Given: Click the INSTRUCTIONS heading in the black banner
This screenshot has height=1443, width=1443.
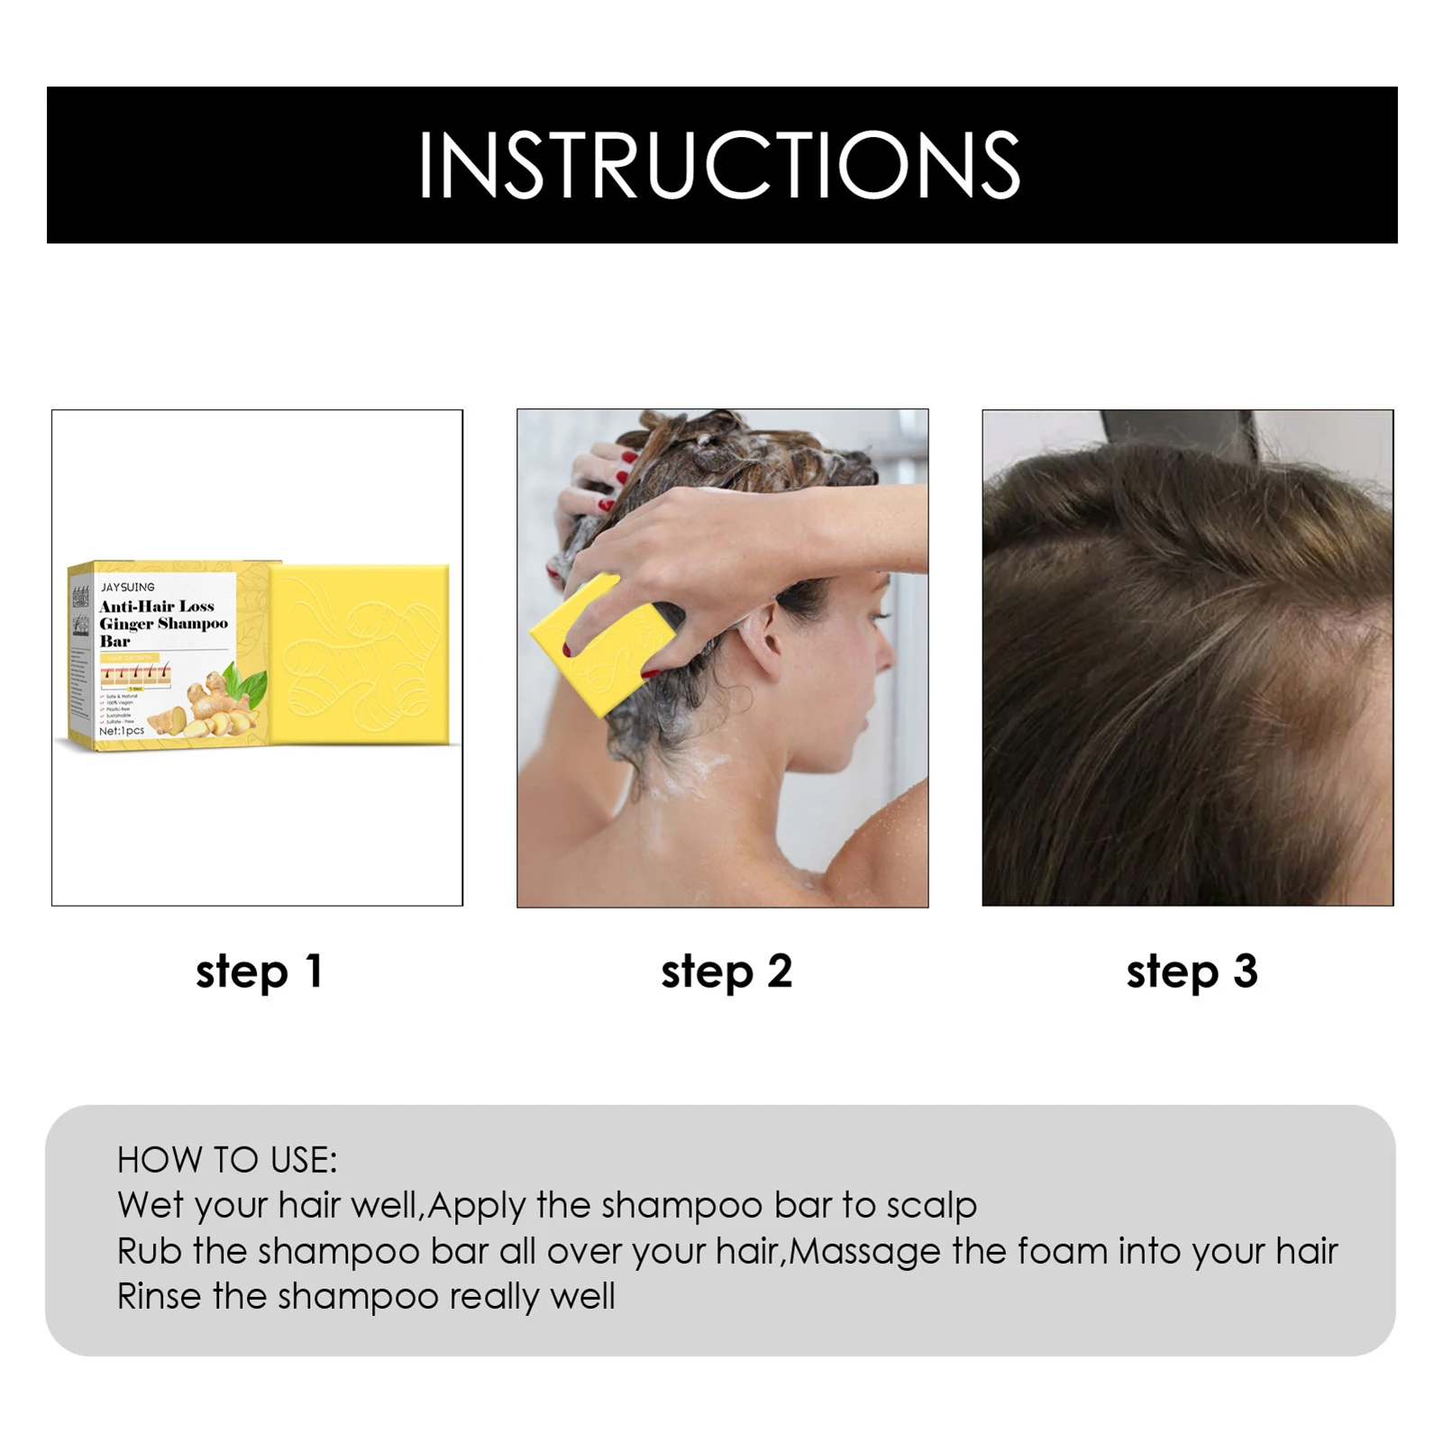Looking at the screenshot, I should pyautogui.click(x=719, y=165).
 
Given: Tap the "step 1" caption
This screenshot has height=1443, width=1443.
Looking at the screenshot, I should pyautogui.click(x=260, y=972).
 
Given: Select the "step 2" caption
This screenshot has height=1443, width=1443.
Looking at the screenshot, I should pyautogui.click(x=726, y=972).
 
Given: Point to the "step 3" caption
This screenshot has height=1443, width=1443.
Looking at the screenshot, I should pyautogui.click(x=1192, y=972).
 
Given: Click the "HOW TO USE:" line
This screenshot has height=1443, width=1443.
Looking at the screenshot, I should pyautogui.click(x=227, y=1160).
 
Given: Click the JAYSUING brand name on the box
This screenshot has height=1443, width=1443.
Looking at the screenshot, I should pyautogui.click(x=128, y=587).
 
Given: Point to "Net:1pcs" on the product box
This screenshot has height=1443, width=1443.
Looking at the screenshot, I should pyautogui.click(x=122, y=731).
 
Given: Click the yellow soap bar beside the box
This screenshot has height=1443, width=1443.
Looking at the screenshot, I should pyautogui.click(x=361, y=653).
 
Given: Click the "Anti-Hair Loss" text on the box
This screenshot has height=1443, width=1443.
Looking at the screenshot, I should pyautogui.click(x=157, y=606).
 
